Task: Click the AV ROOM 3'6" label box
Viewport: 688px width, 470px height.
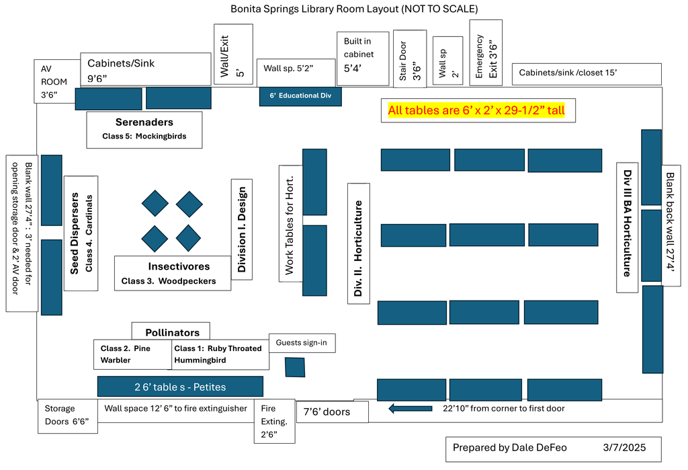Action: [x=57, y=81]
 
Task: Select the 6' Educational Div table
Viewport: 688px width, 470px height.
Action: [x=300, y=96]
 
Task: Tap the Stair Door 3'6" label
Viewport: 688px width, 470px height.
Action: [x=410, y=59]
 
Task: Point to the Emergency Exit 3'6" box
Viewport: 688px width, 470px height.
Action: [x=486, y=52]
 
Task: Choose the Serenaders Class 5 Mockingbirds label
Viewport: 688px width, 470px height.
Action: [x=144, y=130]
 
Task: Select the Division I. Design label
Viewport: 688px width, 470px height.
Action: [x=242, y=229]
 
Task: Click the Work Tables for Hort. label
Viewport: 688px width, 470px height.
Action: [x=290, y=224]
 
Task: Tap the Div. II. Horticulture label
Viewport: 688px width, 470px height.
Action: [x=359, y=244]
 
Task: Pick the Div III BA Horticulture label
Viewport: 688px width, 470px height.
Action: [x=628, y=227]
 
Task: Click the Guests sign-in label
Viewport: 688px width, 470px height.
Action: [x=302, y=343]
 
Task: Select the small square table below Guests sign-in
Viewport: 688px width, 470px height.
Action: [x=295, y=367]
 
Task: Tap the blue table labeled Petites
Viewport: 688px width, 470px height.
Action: [x=180, y=387]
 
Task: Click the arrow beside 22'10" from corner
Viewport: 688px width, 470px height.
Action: [x=411, y=409]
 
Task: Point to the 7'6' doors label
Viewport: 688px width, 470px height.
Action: [x=332, y=412]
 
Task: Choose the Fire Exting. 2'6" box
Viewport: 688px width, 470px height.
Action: [x=275, y=421]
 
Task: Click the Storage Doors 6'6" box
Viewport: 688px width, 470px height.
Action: [x=68, y=416]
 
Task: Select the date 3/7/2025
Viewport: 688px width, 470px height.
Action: [x=624, y=448]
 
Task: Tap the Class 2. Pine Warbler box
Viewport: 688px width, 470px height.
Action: [x=132, y=354]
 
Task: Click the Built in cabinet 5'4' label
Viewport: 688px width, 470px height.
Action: [x=363, y=59]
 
